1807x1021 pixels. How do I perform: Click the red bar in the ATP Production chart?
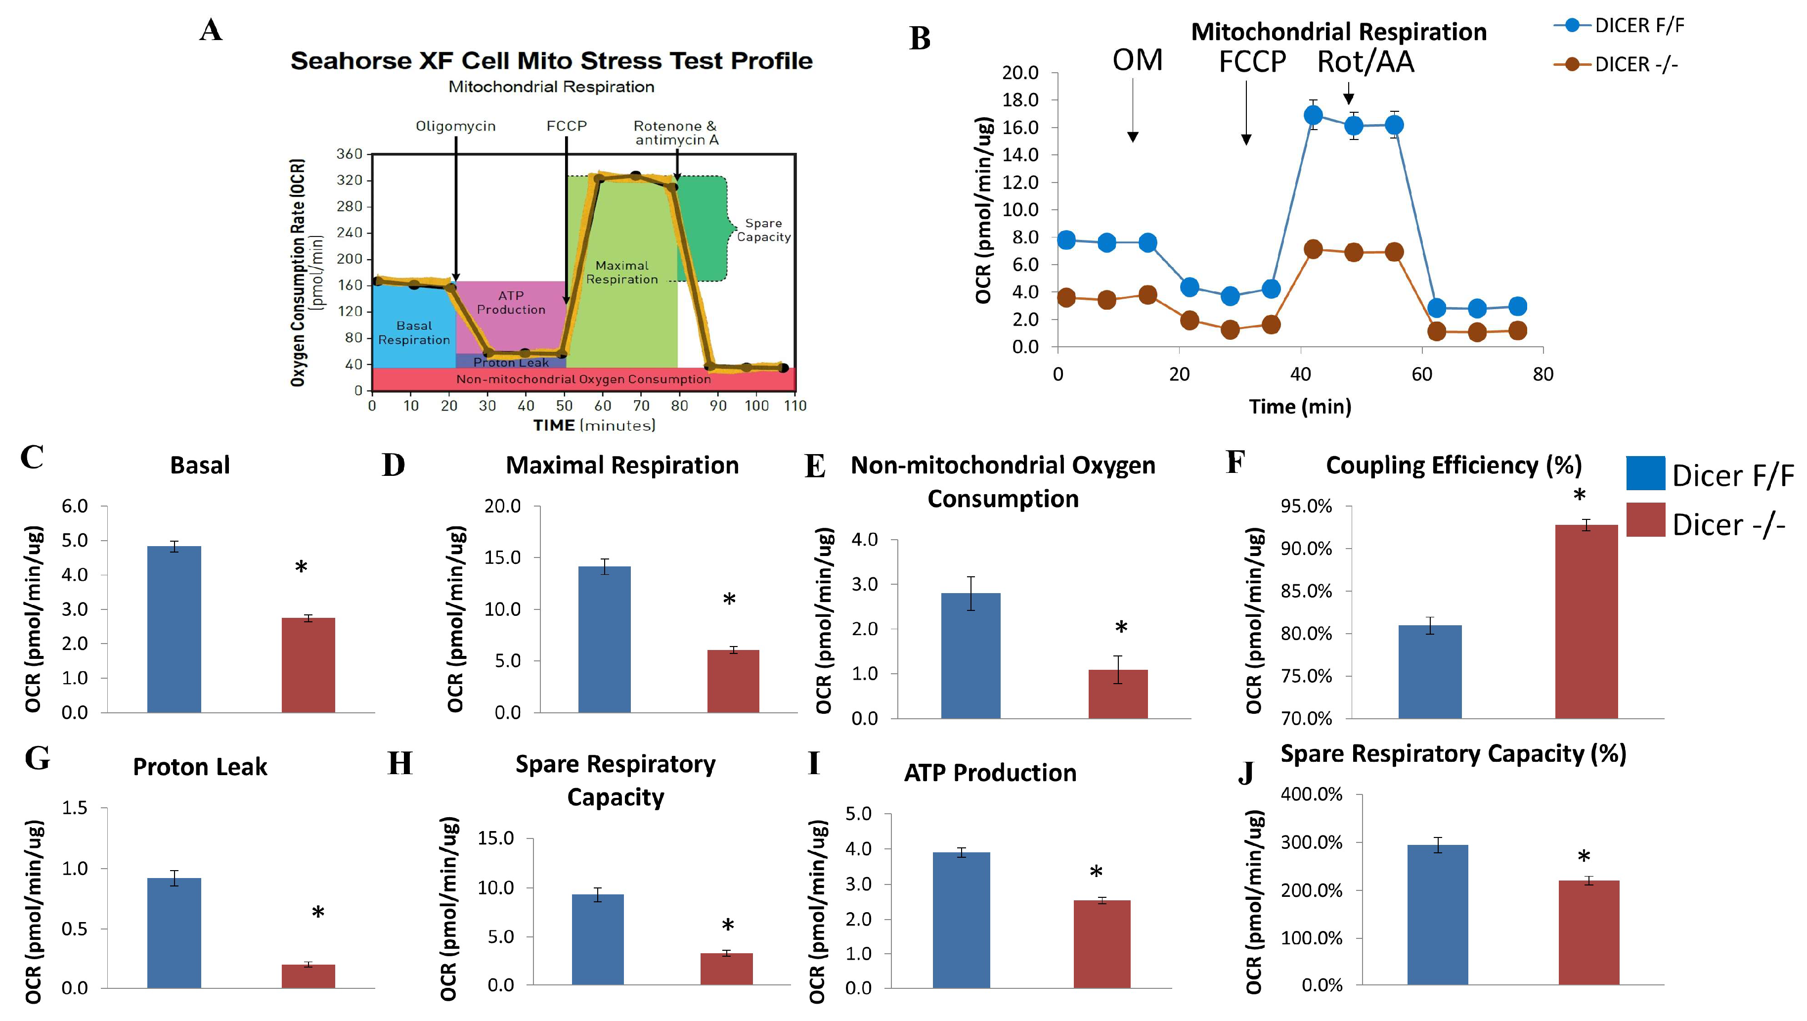(1102, 944)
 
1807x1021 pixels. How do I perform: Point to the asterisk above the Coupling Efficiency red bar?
(1579, 496)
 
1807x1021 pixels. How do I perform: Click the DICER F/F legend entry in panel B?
(1638, 26)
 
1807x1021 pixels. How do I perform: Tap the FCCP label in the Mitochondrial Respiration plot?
(1252, 62)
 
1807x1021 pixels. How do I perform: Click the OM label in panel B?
(1137, 60)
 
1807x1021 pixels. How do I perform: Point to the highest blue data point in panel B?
(1313, 115)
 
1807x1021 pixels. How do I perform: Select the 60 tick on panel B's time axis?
(1422, 374)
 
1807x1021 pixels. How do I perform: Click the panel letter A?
(211, 31)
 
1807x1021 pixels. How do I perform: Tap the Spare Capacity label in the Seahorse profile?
(763, 230)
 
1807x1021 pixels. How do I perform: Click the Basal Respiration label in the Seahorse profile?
(414, 332)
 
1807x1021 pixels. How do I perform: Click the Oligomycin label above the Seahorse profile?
(455, 126)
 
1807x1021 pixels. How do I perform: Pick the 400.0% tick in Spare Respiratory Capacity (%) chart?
(1311, 794)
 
